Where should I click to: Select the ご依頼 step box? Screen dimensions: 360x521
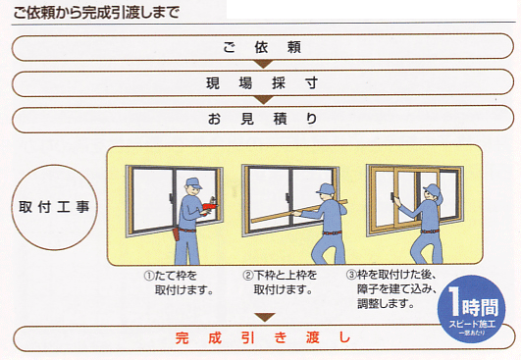click(x=260, y=46)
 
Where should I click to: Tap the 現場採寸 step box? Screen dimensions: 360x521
click(x=260, y=82)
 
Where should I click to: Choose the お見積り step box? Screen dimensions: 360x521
click(x=260, y=119)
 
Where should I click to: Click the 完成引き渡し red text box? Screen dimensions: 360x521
click(x=260, y=339)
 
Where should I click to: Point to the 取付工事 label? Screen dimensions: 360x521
click(x=54, y=208)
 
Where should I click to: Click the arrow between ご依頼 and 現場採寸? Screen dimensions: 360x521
click(x=261, y=65)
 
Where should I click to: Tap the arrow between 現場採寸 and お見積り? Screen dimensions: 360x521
click(x=261, y=100)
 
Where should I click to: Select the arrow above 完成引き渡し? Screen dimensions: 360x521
click(x=261, y=317)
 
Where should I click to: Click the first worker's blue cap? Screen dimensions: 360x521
click(x=192, y=181)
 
